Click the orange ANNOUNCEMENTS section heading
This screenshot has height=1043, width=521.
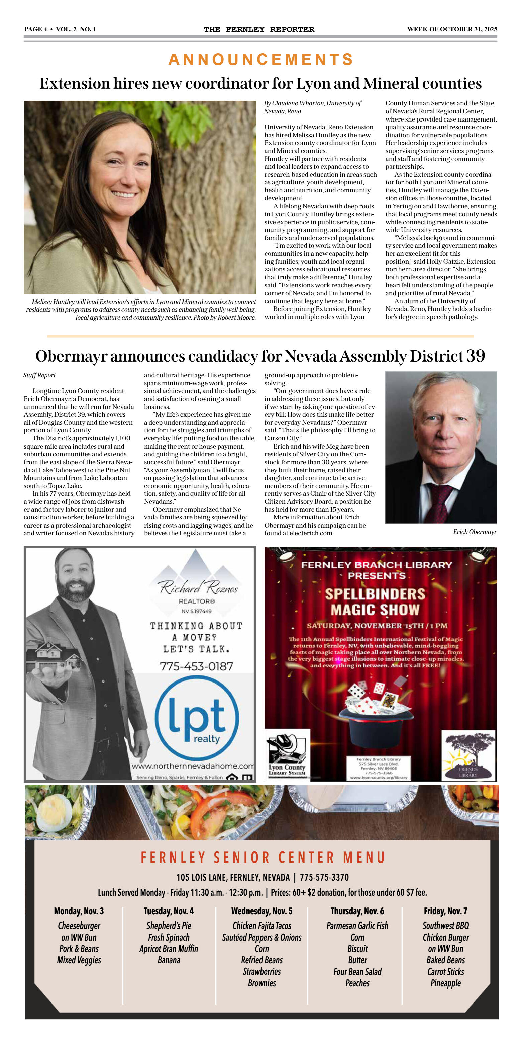(x=261, y=60)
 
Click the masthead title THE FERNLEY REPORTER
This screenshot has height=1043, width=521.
(x=259, y=29)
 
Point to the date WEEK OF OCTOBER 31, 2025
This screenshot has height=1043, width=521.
(x=452, y=29)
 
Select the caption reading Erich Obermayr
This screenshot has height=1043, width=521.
(x=475, y=532)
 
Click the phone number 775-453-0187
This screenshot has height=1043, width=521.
(x=196, y=666)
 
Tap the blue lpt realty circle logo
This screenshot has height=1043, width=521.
(x=197, y=718)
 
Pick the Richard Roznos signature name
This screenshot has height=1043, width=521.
(x=198, y=587)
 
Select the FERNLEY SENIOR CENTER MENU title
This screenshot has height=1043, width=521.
(x=263, y=858)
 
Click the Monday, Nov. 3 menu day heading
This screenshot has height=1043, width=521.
(x=79, y=911)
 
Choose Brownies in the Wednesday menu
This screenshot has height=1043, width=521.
(x=262, y=983)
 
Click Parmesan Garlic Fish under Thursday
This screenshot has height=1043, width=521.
(x=357, y=926)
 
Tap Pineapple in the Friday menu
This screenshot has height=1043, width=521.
(x=445, y=983)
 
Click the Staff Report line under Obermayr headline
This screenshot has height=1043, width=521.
(x=40, y=375)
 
